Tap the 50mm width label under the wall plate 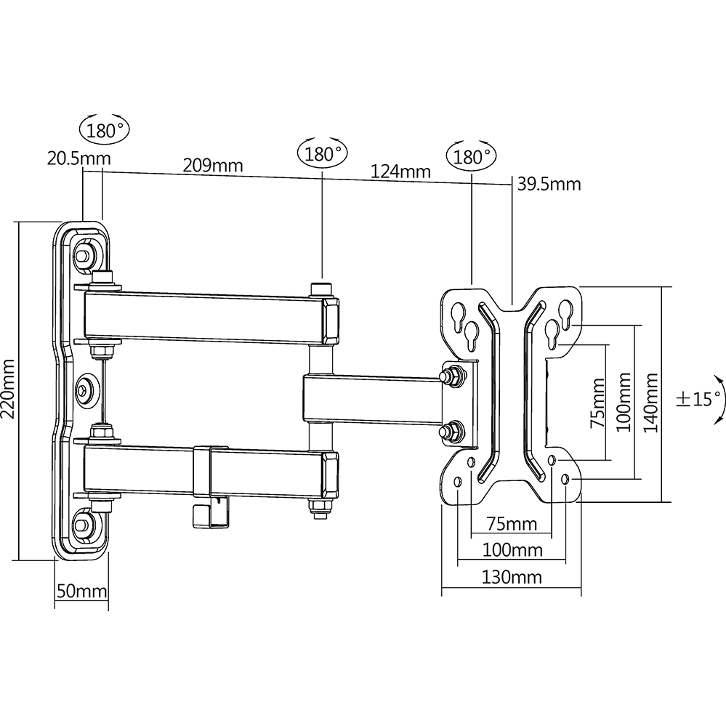coord(82,592)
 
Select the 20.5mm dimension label coord(79,158)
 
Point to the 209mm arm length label coord(213,165)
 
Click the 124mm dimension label coord(400,172)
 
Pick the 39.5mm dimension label coord(549,185)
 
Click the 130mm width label coord(512,577)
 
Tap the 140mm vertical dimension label coord(651,403)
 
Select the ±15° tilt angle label coord(699,398)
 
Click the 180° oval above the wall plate coord(105,129)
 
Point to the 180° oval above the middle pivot coord(323,153)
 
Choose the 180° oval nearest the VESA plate coord(471,156)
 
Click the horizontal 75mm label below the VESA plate coord(512,524)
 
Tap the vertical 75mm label coord(598,403)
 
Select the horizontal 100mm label coord(512,550)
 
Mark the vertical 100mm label coord(624,402)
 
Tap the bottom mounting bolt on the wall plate coord(84,524)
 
